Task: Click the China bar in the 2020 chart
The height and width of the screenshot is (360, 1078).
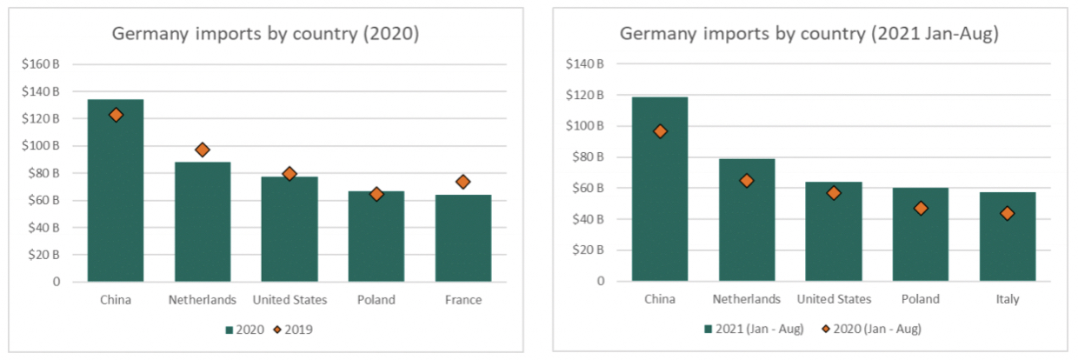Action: click(116, 200)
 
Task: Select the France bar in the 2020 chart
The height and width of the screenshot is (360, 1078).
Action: click(462, 239)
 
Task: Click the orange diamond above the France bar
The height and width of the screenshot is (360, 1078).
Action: click(462, 182)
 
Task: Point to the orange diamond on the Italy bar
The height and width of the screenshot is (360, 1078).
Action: click(1008, 213)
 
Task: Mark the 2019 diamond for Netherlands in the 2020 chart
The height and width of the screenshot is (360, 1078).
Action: click(203, 150)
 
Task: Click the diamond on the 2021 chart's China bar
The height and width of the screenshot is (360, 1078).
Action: click(660, 131)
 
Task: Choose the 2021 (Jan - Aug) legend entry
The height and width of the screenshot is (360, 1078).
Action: click(753, 329)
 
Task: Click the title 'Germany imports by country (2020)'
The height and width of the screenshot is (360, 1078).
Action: click(265, 35)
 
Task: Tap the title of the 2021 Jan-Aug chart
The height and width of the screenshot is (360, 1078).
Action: click(808, 35)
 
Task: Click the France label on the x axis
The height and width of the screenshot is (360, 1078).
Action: click(462, 300)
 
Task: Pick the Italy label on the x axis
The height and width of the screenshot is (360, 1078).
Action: click(1008, 299)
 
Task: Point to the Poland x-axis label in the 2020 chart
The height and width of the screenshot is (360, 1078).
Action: click(376, 300)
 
